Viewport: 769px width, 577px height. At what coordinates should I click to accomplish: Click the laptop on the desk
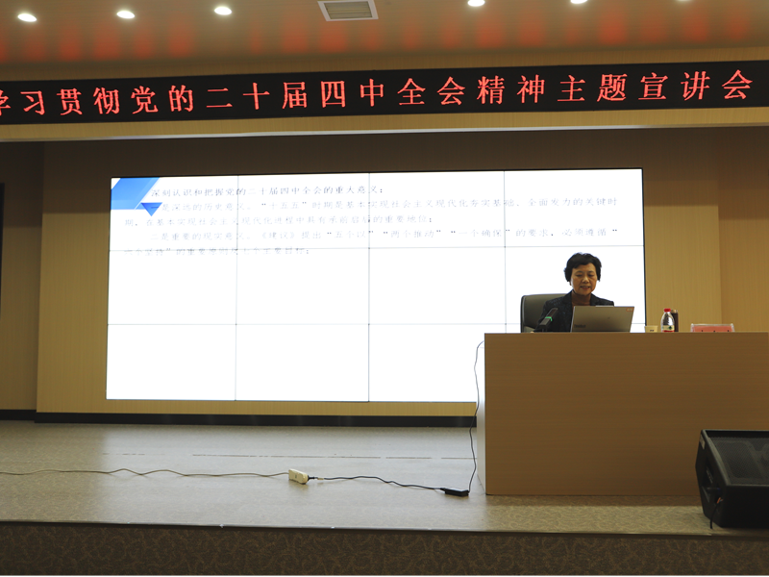point(602,318)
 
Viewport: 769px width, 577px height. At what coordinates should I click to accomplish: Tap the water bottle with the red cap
point(667,319)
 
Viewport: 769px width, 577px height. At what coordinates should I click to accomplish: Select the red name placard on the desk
point(711,328)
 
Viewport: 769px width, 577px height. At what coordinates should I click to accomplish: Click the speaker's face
point(583,275)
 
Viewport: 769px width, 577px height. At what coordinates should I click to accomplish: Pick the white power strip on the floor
point(298,476)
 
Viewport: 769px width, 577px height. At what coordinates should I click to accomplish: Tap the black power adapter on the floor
point(455,491)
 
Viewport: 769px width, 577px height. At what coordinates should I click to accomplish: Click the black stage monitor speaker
point(732,477)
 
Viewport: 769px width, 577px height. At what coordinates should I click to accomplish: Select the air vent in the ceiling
point(348,10)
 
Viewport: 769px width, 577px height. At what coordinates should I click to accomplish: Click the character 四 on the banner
point(335,94)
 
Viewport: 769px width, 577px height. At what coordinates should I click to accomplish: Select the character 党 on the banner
point(143,99)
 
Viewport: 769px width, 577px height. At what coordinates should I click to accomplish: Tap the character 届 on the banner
point(295,95)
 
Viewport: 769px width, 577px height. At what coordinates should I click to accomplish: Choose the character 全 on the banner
point(411,92)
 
